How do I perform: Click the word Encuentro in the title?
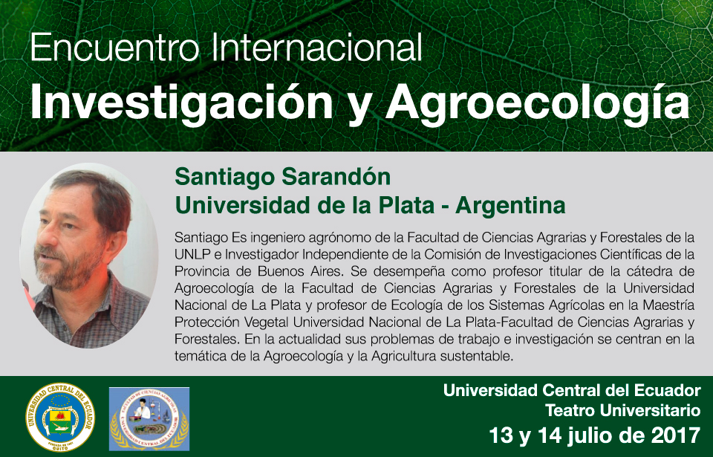pyautogui.click(x=114, y=48)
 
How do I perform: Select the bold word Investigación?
pyautogui.click(x=182, y=104)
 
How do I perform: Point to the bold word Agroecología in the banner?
pyautogui.click(x=538, y=104)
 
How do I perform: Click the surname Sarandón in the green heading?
pyautogui.click(x=336, y=177)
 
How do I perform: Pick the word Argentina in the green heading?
pyautogui.click(x=510, y=205)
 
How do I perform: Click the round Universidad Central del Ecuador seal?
pyautogui.click(x=60, y=417)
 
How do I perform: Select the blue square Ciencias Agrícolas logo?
pyautogui.click(x=149, y=419)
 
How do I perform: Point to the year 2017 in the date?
pyautogui.click(x=676, y=435)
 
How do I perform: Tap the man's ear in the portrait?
pyautogui.click(x=119, y=244)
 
